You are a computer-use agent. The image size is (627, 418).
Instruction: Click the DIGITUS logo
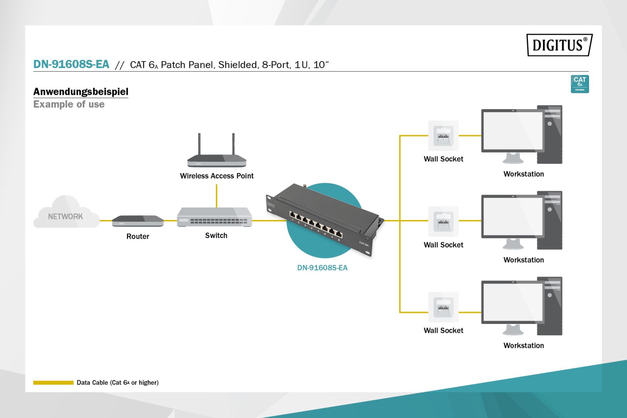[x=559, y=45]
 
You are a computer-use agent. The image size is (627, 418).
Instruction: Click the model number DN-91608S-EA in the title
[x=71, y=64]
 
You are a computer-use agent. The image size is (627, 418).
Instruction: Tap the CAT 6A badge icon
[x=579, y=84]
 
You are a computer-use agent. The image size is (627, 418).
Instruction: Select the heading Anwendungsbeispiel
[x=81, y=92]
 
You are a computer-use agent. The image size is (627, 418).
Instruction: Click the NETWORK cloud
[x=65, y=214]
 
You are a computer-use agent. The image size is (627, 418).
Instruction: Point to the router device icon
[x=138, y=221]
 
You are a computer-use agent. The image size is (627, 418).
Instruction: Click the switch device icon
[x=214, y=218]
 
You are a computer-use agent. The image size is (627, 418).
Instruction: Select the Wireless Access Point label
[x=217, y=176]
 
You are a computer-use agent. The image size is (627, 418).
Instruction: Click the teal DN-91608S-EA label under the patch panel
[x=322, y=268]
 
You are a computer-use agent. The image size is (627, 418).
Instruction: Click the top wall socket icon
[x=443, y=136]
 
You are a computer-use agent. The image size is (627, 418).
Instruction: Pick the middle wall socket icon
[x=443, y=221]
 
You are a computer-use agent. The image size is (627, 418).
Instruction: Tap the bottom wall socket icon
[x=443, y=307]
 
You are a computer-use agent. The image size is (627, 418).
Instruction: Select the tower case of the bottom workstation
[x=550, y=306]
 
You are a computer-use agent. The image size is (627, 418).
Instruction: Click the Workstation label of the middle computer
[x=523, y=260]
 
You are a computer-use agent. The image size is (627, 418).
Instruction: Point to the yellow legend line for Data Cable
[x=53, y=382]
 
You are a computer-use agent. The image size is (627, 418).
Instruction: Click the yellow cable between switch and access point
[x=216, y=196]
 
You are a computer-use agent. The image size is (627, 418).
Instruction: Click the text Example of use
[x=69, y=104]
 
